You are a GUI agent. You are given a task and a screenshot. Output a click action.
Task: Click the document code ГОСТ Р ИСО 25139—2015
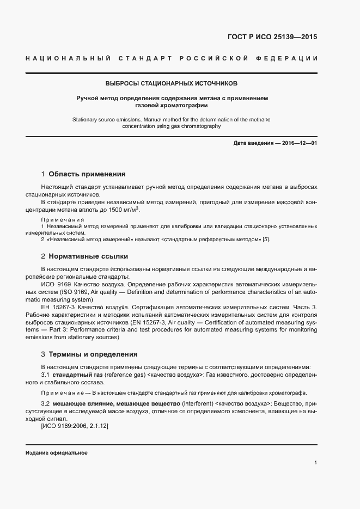[x=272, y=38]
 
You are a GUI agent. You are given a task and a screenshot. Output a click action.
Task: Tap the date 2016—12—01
[x=299, y=143]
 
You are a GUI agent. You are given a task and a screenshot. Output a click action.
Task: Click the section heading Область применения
[x=87, y=174]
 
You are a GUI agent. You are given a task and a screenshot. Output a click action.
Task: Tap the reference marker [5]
[x=266, y=240]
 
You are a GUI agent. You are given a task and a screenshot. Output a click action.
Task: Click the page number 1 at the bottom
[x=315, y=463]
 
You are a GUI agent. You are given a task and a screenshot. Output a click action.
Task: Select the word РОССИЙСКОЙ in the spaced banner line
[x=217, y=58]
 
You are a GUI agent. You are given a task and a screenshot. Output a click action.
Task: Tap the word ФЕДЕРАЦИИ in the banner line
[x=290, y=58]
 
